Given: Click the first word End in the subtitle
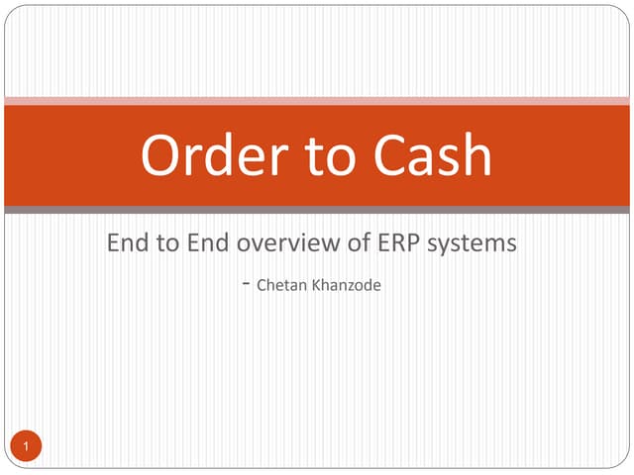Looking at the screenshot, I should click(x=127, y=242).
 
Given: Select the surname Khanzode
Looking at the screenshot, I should click(x=346, y=287).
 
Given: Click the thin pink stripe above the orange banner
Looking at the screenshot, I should click(x=317, y=100).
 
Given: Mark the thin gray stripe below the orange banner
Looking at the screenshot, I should click(x=317, y=210).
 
